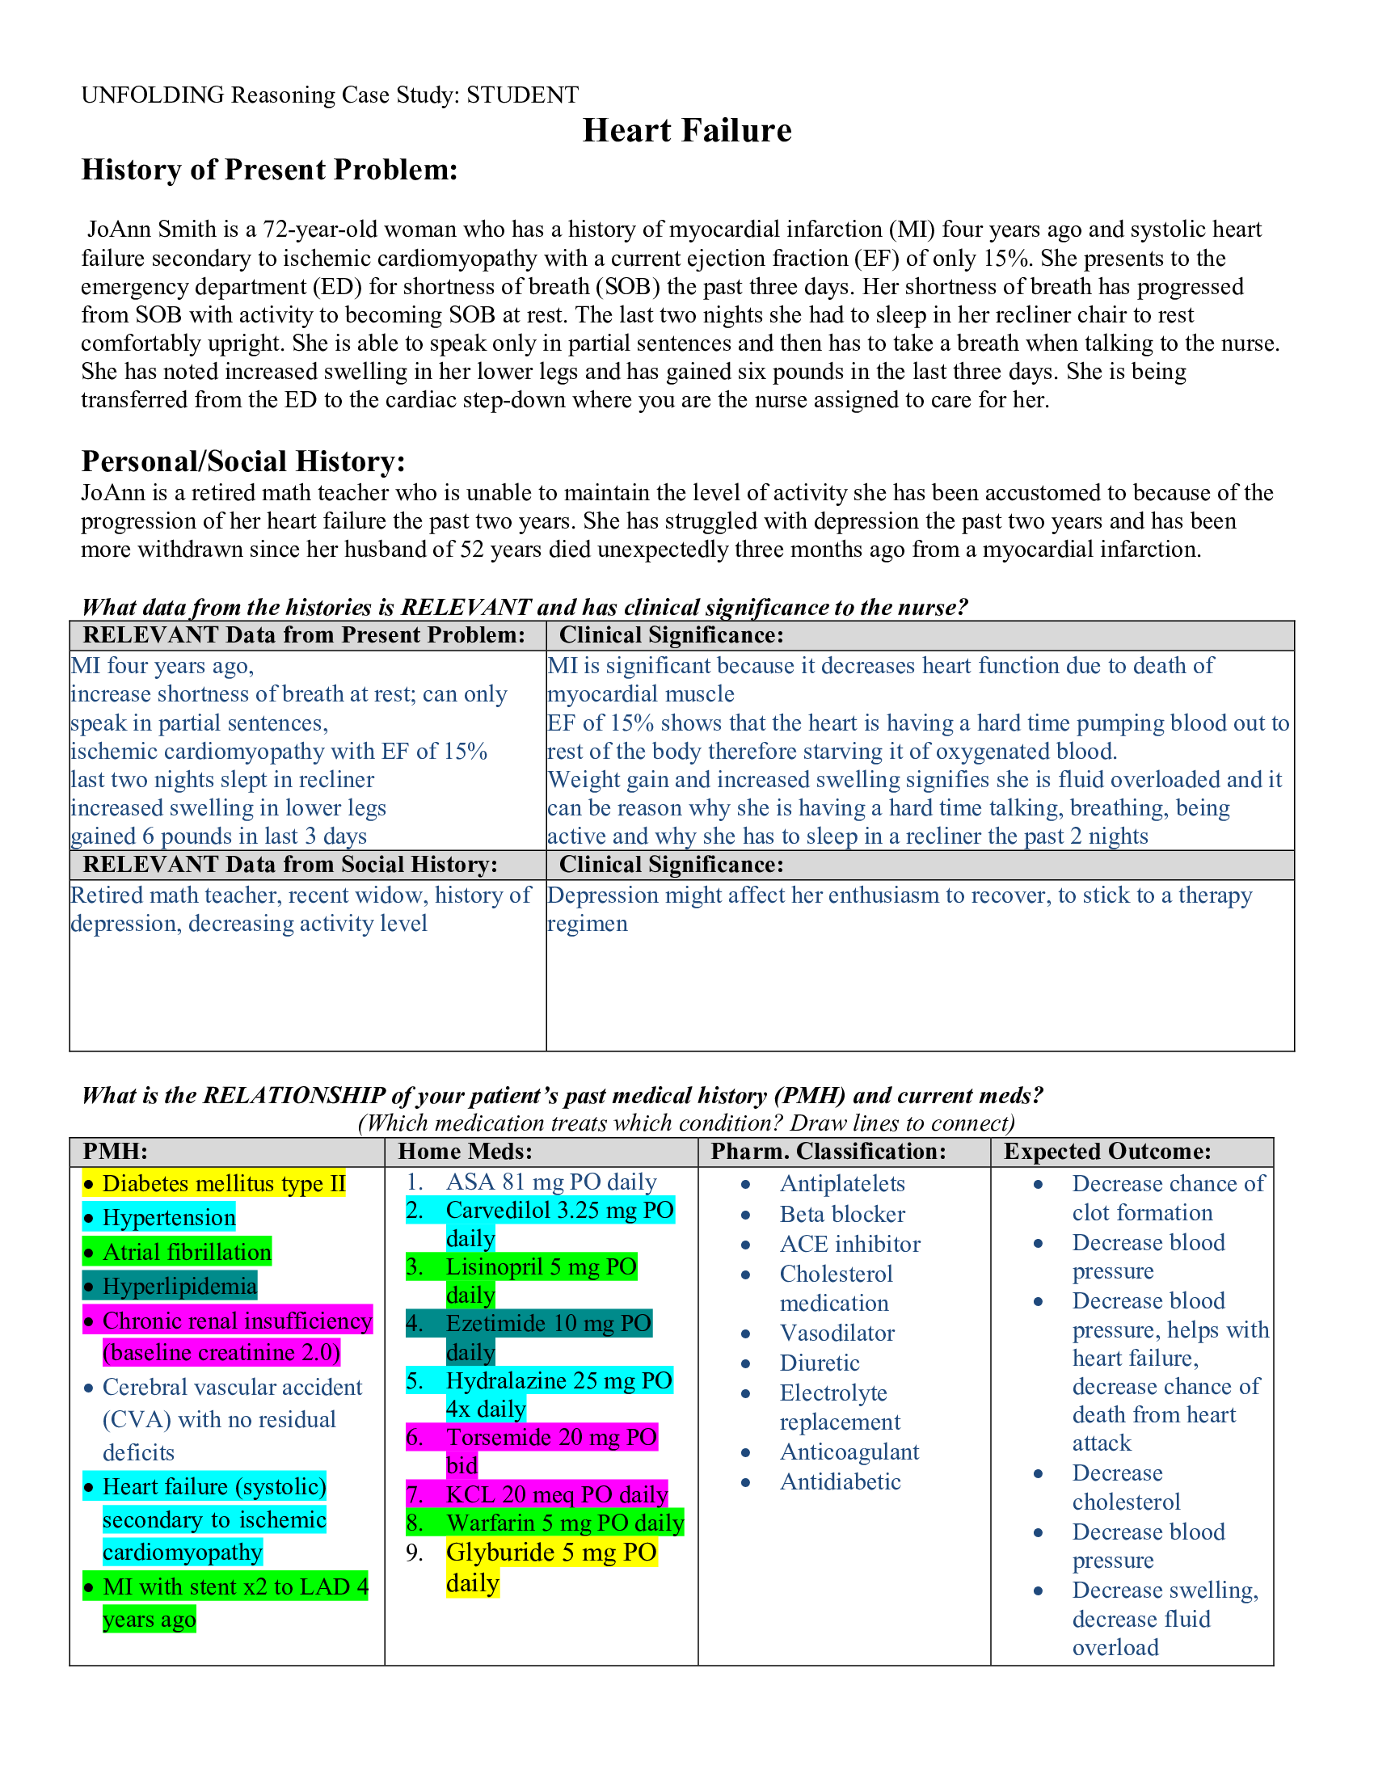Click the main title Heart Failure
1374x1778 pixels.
[686, 130]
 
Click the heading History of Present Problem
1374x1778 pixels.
[268, 171]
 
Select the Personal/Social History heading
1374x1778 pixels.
[242, 461]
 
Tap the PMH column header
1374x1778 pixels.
[115, 1151]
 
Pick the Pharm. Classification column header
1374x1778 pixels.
[828, 1151]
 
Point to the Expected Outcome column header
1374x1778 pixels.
[1106, 1151]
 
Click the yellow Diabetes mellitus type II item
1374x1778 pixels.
[223, 1184]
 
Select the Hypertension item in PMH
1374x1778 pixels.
[168, 1218]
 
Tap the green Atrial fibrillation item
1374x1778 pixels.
[187, 1252]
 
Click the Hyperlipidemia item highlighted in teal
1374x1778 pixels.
[179, 1287]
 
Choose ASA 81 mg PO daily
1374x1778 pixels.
[550, 1182]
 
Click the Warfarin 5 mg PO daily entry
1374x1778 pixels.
[564, 1523]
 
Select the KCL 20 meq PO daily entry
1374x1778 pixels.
[556, 1494]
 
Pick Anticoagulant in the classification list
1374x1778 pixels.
[848, 1451]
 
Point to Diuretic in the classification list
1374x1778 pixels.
[819, 1363]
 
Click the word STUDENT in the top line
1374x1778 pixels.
[522, 95]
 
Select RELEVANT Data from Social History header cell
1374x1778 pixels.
[290, 865]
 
